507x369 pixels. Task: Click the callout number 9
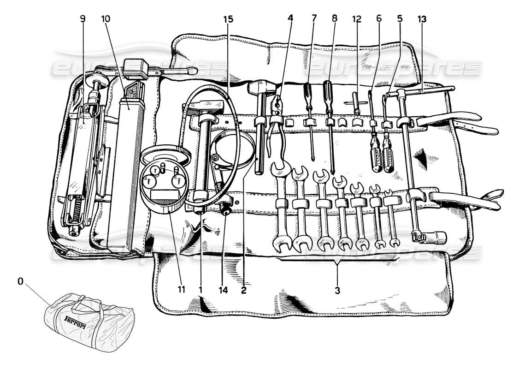coord(83,19)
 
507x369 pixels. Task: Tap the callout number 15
coord(228,19)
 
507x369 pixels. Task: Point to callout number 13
coord(422,19)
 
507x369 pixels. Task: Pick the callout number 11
coord(181,290)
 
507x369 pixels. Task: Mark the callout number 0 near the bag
coord(20,280)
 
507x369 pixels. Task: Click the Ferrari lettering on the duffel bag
coord(75,320)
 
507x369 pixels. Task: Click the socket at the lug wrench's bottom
coord(436,238)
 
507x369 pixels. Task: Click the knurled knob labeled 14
coord(226,210)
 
